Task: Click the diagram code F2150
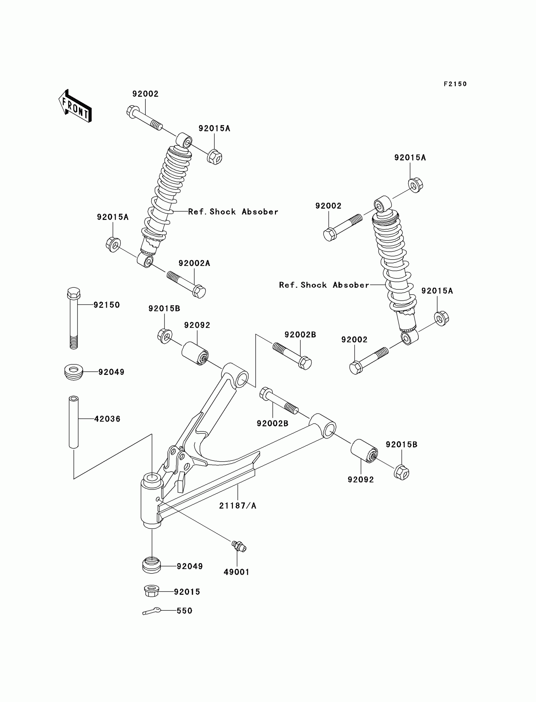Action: click(455, 84)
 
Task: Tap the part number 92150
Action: click(107, 305)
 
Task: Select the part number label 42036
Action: click(107, 419)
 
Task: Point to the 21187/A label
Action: click(238, 506)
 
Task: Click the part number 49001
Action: click(236, 572)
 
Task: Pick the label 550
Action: click(184, 611)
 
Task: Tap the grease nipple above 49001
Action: click(239, 546)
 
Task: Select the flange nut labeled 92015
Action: click(152, 591)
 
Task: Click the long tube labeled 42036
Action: click(74, 422)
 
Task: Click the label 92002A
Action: click(194, 263)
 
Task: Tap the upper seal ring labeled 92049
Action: click(74, 372)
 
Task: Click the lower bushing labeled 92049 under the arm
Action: click(151, 565)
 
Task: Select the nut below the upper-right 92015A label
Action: click(416, 185)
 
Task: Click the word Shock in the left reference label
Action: click(223, 212)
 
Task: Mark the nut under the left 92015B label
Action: click(165, 336)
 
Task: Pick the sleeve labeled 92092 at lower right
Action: click(364, 451)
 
